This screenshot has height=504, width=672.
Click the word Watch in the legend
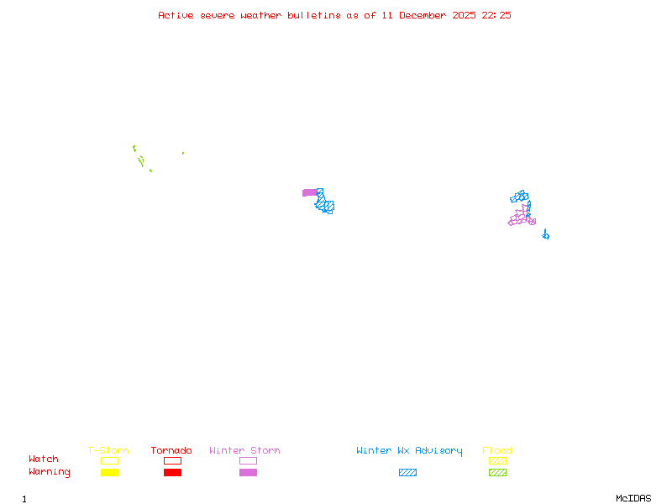pos(44,459)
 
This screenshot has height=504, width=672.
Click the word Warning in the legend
pos(50,472)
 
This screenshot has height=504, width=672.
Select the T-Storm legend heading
pos(108,451)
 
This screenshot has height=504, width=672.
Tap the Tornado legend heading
pos(171,451)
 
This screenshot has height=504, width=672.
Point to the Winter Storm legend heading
pos(244,451)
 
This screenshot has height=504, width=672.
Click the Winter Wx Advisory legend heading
pos(409,451)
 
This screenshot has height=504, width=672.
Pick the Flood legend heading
pos(497,451)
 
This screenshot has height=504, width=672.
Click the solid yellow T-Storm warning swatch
pos(109,473)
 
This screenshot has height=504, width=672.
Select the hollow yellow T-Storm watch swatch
pos(109,460)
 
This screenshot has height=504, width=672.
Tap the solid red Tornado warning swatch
pos(172,473)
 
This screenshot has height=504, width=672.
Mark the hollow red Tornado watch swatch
pos(172,460)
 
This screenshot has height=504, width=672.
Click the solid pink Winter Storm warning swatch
pos(248,473)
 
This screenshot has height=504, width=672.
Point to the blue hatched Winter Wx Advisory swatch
pos(407,473)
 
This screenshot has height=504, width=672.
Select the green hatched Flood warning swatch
pos(497,473)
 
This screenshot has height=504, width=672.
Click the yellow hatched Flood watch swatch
pos(497,460)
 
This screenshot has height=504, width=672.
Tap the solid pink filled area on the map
pos(309,192)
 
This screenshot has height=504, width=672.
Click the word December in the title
pos(426,15)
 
